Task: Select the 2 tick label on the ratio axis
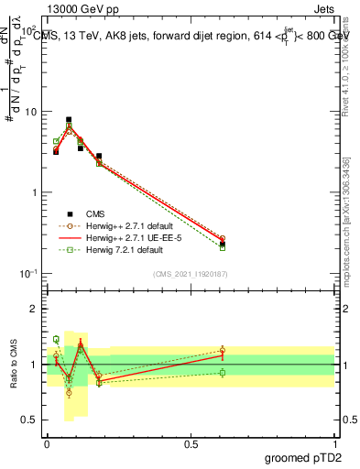[34, 309]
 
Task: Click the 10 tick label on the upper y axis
[30, 112]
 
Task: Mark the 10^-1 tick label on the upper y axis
[28, 274]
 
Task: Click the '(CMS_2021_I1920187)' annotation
[190, 274]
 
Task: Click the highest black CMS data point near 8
[69, 119]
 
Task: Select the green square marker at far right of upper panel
[223, 247]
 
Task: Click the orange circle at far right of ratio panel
[223, 350]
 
